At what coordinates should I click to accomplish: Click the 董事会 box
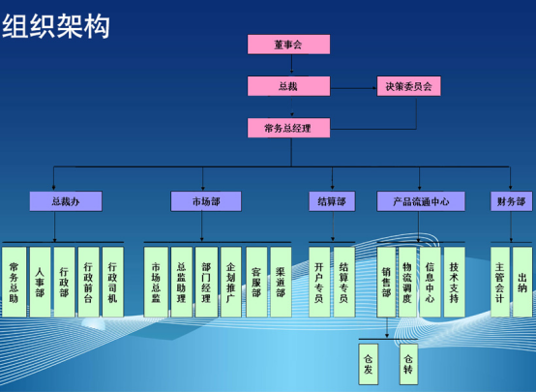pyautogui.click(x=289, y=45)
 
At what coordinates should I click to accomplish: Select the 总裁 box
pyautogui.click(x=289, y=86)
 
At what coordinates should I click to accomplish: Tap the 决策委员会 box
pyautogui.click(x=409, y=86)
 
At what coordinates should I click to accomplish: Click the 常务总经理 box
pyautogui.click(x=289, y=128)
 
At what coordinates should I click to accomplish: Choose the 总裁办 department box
pyautogui.click(x=66, y=201)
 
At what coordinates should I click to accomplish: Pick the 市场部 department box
pyautogui.click(x=206, y=201)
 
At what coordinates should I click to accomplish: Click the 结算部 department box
pyautogui.click(x=332, y=201)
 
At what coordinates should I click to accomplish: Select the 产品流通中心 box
pyautogui.click(x=421, y=201)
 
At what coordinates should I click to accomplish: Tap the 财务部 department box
pyautogui.click(x=512, y=201)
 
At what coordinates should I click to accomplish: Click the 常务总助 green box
pyautogui.click(x=14, y=283)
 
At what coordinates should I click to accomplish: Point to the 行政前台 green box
pyautogui.click(x=89, y=283)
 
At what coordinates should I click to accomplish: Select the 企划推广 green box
pyautogui.click(x=231, y=283)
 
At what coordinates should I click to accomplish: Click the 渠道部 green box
pyautogui.click(x=281, y=283)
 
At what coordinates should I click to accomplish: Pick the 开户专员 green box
pyautogui.click(x=319, y=283)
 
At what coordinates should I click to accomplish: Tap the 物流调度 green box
pyautogui.click(x=407, y=283)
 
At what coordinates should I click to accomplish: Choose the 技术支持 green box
pyautogui.click(x=455, y=283)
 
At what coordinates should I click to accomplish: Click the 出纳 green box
pyautogui.click(x=522, y=283)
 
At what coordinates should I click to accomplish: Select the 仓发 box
pyautogui.click(x=369, y=364)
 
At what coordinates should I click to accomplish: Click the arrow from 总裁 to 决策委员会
pyautogui.click(x=353, y=88)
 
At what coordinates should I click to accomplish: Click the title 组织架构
pyautogui.click(x=56, y=26)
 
